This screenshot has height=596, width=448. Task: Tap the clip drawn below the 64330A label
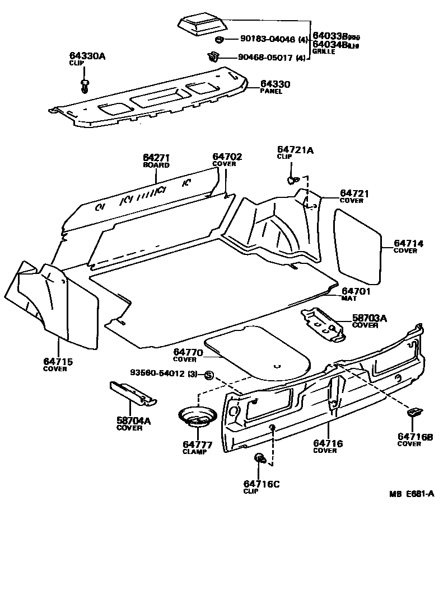[x=85, y=85]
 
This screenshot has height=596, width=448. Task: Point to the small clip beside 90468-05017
[x=213, y=56]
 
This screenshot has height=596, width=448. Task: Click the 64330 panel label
[x=274, y=84]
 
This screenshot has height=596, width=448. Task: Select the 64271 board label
[x=156, y=158]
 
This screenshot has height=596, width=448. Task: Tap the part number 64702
[x=227, y=157]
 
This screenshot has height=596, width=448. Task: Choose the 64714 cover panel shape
[x=358, y=244]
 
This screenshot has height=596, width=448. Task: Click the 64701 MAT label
[x=357, y=291]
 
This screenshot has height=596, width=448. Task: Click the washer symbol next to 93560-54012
[x=208, y=375]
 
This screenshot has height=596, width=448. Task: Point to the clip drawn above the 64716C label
[x=260, y=458]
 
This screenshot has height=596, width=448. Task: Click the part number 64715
[x=58, y=362]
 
